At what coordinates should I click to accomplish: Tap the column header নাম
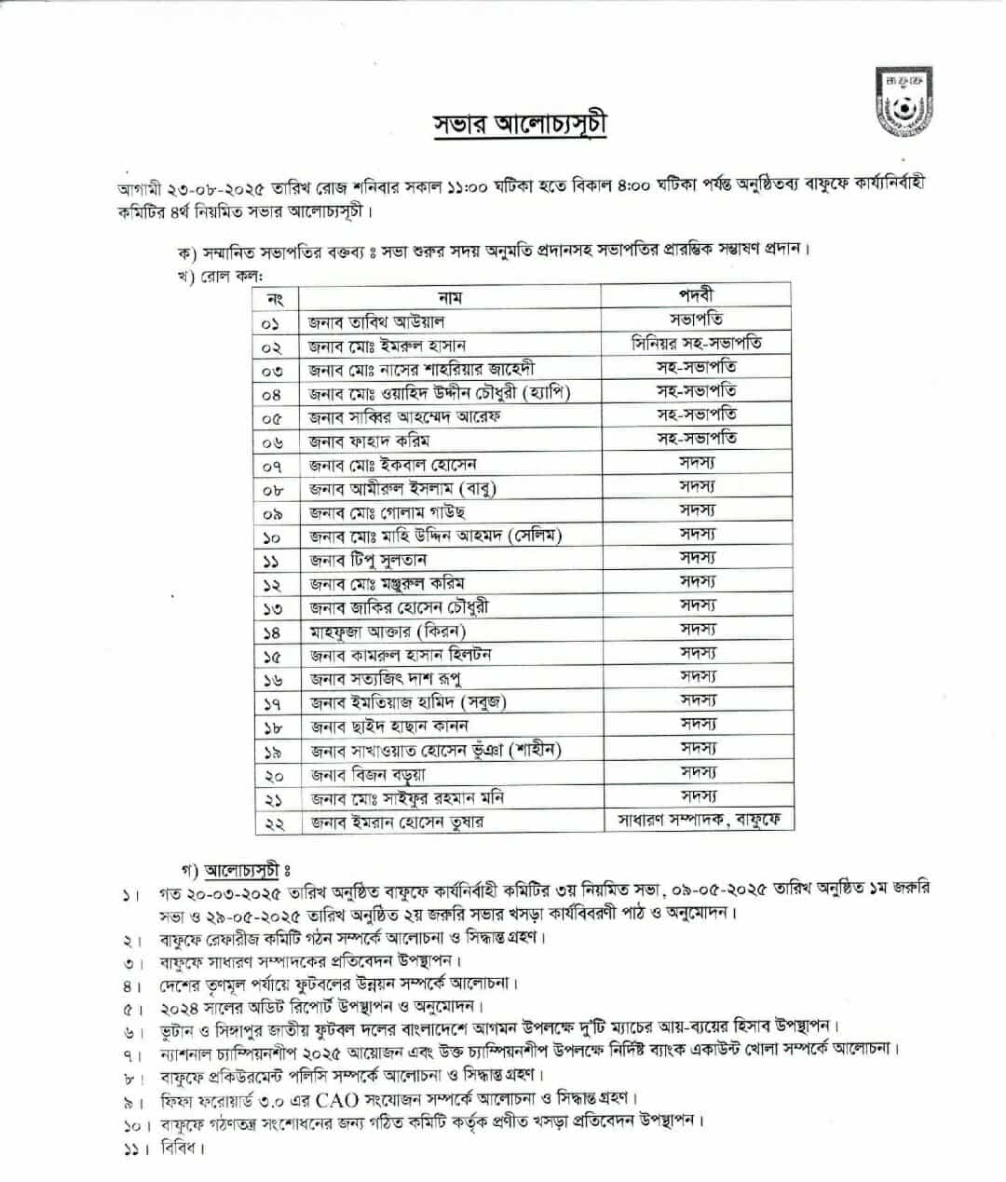click(x=450, y=298)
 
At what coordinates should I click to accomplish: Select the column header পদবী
click(x=696, y=294)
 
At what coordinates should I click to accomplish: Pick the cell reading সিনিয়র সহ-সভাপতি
click(x=696, y=344)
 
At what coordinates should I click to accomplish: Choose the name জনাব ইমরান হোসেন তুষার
click(x=397, y=822)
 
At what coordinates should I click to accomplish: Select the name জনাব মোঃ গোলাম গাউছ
click(x=387, y=512)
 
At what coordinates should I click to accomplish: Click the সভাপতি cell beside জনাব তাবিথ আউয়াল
click(x=696, y=319)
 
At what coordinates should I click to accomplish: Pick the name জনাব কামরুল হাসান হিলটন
click(x=401, y=655)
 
